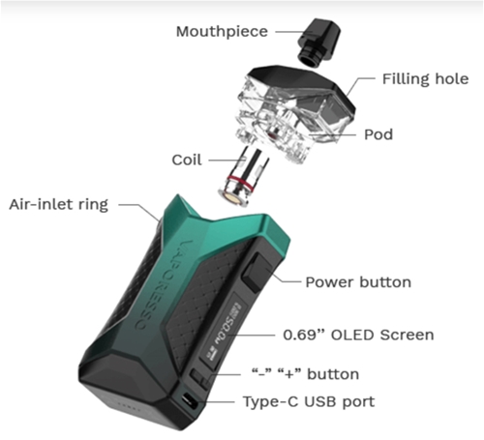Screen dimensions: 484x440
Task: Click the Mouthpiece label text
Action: pos(222,32)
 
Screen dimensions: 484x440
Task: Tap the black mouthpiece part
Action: pos(318,42)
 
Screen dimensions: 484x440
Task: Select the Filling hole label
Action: pos(425,79)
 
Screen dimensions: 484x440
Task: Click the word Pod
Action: pos(378,134)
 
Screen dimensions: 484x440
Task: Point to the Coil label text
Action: pos(187,160)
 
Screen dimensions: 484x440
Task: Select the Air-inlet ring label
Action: pos(59,205)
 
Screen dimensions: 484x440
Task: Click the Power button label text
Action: pos(358,282)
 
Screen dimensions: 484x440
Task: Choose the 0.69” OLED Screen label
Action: pos(358,335)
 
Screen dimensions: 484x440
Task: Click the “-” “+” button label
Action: pos(305,374)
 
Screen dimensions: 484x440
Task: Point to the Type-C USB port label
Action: pos(309,402)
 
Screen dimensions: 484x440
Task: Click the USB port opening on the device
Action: pos(190,401)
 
